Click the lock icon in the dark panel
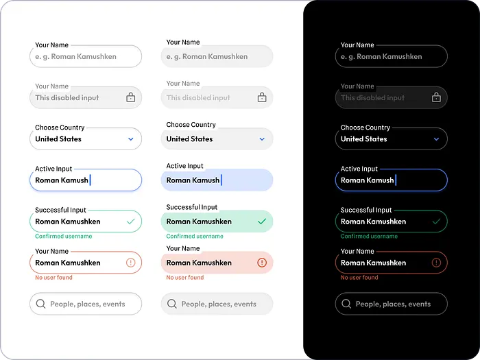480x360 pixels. click(x=436, y=97)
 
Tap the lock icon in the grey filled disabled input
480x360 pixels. click(x=262, y=97)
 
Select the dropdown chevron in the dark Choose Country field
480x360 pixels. click(x=436, y=139)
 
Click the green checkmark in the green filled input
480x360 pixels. click(x=262, y=221)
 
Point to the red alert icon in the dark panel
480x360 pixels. click(x=436, y=263)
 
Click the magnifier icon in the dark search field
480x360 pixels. click(x=346, y=304)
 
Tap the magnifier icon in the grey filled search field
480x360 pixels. click(x=172, y=304)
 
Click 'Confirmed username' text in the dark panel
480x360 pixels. click(x=369, y=237)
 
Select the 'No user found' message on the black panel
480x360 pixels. click(x=359, y=278)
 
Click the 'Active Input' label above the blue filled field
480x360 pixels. click(x=184, y=166)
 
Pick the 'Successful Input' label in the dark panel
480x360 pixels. click(x=366, y=210)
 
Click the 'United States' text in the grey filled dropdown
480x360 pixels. click(x=189, y=139)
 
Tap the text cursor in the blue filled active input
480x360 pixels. click(x=221, y=180)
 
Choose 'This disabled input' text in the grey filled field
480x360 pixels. click(x=198, y=97)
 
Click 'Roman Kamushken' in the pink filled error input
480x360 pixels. click(x=199, y=263)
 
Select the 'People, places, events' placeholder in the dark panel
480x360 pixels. click(x=393, y=304)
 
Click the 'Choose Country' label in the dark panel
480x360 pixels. click(x=365, y=128)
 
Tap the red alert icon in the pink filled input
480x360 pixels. click(x=262, y=263)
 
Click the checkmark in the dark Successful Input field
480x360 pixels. click(x=436, y=221)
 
